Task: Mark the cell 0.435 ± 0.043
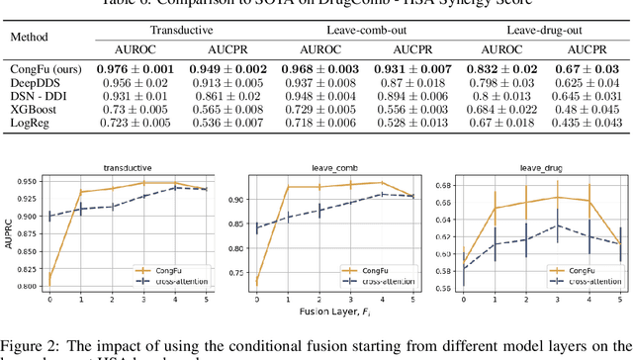click(573, 122)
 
